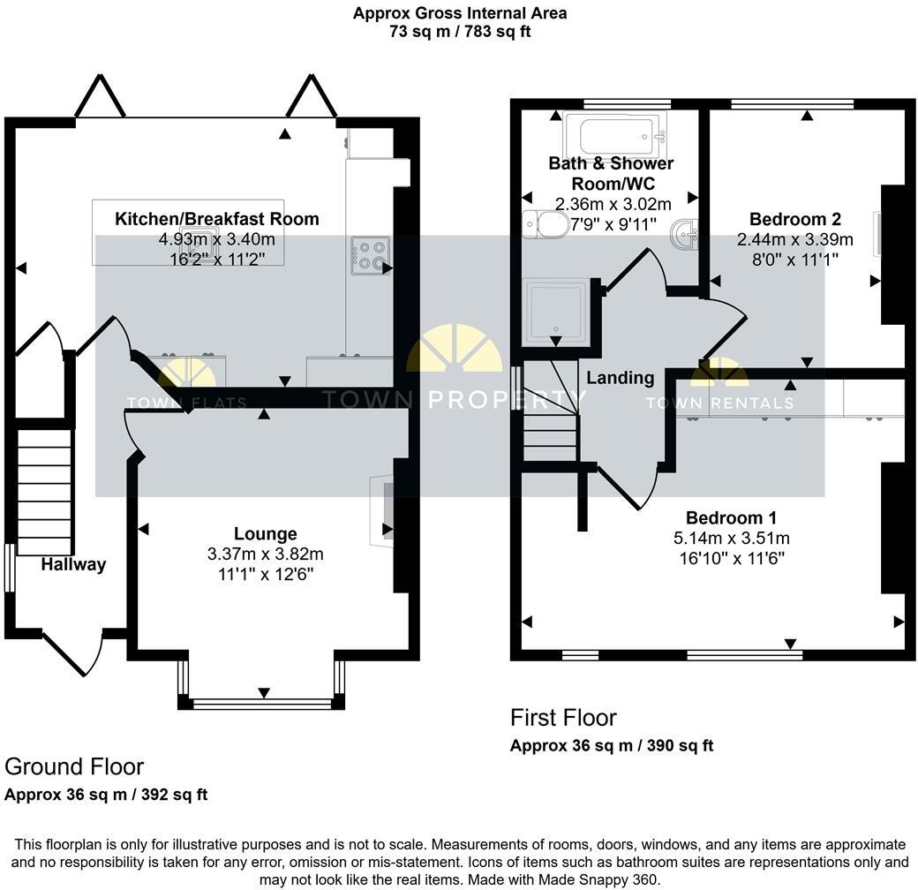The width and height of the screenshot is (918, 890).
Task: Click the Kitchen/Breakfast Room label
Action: coord(217,219)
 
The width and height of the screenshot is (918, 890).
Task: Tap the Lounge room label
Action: coord(265,533)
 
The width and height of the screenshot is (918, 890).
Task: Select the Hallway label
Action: coord(73,564)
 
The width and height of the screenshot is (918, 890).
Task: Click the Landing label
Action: coord(621,378)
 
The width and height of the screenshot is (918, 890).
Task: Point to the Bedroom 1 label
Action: coord(731,517)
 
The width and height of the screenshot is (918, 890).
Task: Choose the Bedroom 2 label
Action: coord(794,219)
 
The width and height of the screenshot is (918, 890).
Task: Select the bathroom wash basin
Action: coord(686,235)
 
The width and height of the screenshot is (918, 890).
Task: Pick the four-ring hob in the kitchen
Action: coord(370,255)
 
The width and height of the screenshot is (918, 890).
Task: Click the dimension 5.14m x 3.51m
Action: coord(731,539)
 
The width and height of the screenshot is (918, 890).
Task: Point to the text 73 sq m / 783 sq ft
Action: coord(459,32)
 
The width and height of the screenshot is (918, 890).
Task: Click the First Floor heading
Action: coord(563,717)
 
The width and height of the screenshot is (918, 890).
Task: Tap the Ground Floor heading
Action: coord(74,766)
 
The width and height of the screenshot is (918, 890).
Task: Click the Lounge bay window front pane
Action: coord(261,703)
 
